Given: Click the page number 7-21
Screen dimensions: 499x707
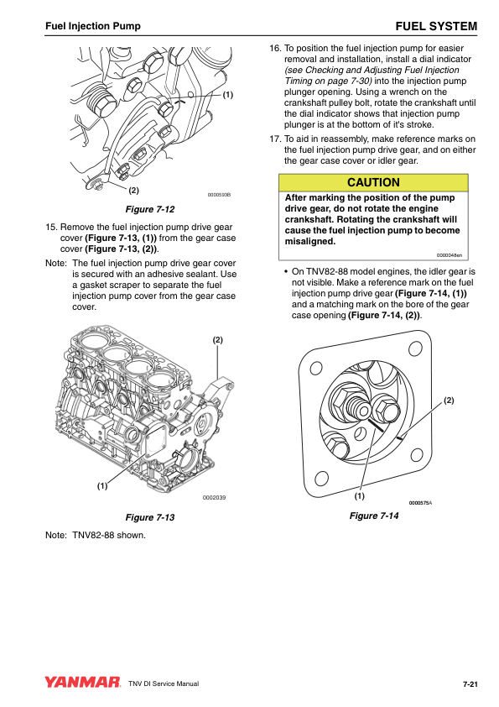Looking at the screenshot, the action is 470,684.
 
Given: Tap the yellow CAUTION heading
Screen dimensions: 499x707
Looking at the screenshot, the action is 373,182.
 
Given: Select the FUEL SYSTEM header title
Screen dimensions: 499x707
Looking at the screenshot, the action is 436,26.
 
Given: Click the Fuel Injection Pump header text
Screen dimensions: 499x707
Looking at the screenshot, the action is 93,26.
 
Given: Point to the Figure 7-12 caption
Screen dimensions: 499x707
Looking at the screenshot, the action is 150,209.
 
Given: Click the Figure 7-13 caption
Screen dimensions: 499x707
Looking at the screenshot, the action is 150,517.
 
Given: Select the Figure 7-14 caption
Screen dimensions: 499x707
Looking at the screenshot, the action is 374,516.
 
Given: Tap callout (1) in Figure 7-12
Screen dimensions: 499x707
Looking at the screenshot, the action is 228,95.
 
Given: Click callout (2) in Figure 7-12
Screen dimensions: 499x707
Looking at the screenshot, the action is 133,191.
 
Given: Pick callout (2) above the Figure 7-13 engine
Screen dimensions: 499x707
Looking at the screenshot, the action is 217,340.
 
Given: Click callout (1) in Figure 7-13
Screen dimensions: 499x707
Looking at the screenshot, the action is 102,485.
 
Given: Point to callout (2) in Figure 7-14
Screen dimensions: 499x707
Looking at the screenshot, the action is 449,401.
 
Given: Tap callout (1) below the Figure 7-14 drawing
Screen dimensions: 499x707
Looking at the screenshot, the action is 359,496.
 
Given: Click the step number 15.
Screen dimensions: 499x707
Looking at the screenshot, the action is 51,228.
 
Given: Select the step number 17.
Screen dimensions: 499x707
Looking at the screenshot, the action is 275,139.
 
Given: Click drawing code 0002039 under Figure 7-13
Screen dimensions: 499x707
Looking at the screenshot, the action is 215,497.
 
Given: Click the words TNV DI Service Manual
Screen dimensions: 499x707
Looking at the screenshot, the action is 164,683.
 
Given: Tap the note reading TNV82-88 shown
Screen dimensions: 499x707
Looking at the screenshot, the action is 108,535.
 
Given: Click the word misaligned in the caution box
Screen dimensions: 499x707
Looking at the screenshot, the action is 310,241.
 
